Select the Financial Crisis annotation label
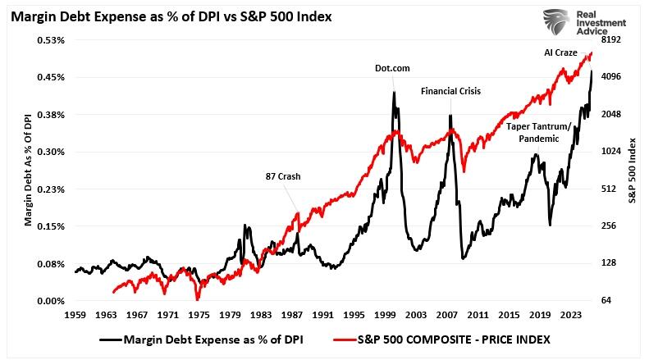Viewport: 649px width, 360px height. (451, 91)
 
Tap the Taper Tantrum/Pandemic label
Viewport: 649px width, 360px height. (539, 133)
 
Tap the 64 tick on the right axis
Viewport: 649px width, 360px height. (607, 301)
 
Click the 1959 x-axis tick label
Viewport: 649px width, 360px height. (75, 314)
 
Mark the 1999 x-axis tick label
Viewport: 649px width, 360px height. (386, 314)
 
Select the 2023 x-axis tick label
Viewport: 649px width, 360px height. (573, 314)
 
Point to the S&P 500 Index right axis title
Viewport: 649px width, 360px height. (633, 171)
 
